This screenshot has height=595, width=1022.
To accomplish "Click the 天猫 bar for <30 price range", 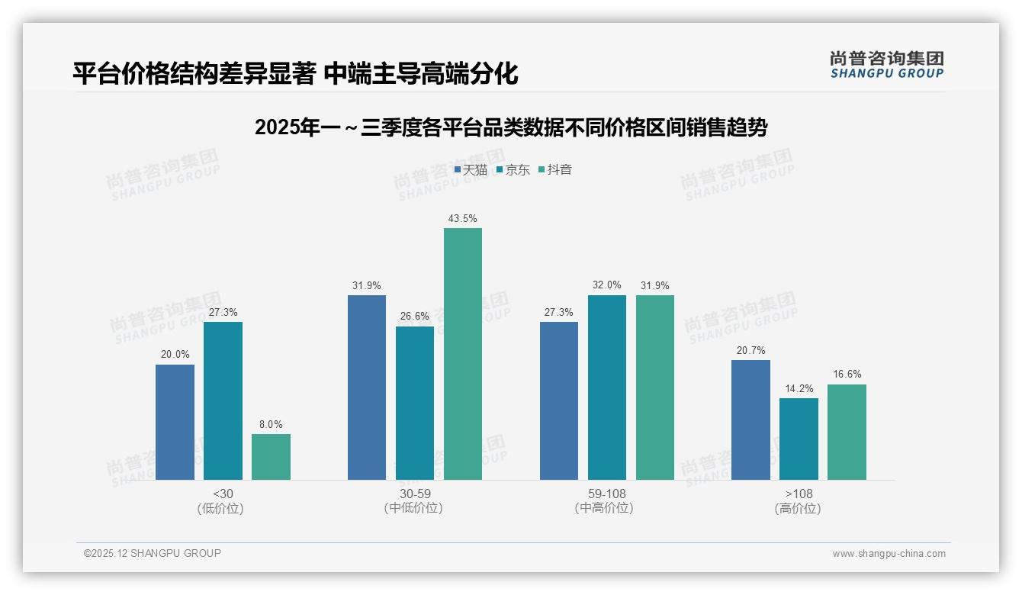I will click(175, 422).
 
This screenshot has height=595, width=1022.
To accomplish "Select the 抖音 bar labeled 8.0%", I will click(271, 457).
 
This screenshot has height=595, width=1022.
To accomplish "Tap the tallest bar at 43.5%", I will click(463, 354).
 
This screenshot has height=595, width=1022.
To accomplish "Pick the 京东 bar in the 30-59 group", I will click(415, 403).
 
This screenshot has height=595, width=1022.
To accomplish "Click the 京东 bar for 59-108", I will click(607, 388).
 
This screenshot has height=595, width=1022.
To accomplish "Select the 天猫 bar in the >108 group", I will click(750, 420).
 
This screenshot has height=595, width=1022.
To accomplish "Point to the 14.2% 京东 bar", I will click(799, 439).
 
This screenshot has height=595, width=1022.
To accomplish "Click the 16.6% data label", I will click(847, 375).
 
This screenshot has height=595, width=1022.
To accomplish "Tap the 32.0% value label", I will click(607, 285).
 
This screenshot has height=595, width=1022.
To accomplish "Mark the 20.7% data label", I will click(750, 350).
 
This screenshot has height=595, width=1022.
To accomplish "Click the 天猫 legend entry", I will click(471, 169).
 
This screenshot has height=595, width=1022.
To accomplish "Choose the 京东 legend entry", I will click(513, 169).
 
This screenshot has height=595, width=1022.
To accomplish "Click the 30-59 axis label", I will click(415, 494).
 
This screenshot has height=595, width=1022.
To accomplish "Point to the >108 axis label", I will click(799, 494).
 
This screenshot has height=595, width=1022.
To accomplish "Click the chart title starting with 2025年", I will click(510, 127).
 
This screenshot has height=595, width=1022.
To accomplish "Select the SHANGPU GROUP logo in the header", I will click(886, 64).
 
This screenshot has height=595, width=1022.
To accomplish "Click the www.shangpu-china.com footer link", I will click(889, 554).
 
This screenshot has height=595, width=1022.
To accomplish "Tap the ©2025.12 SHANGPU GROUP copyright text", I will click(153, 553).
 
